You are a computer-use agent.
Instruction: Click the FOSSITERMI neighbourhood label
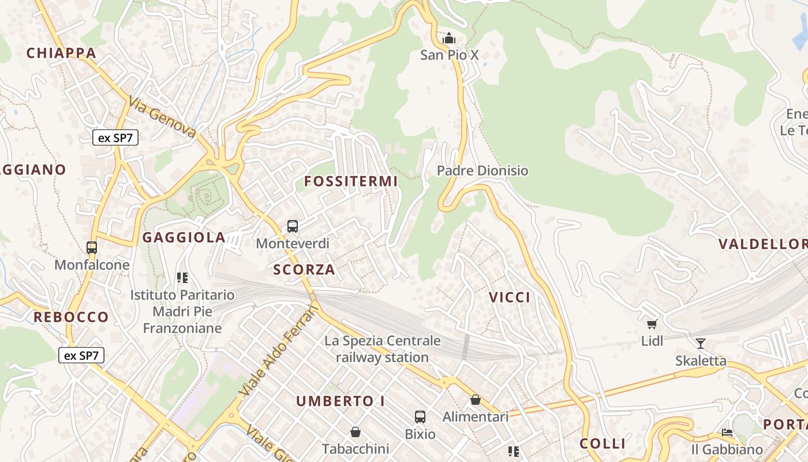[351, 181]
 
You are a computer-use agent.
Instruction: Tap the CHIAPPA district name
[61, 53]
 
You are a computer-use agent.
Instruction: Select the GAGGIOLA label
[184, 237]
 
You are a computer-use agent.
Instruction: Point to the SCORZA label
[304, 270]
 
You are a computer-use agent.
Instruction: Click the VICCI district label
[510, 297]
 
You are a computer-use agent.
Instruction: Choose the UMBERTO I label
[340, 401]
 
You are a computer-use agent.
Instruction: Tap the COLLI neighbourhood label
[603, 444]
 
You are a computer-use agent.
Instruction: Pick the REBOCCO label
[71, 317]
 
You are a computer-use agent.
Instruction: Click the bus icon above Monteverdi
[293, 226]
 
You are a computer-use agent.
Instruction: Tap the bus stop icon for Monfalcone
[92, 248]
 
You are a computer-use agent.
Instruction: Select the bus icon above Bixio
[420, 416]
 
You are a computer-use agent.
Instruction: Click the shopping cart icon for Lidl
[652, 324]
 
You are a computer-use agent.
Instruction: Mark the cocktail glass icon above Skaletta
[701, 344]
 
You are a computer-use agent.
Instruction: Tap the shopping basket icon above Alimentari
[476, 400]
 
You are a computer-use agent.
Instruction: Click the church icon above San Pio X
[449, 39]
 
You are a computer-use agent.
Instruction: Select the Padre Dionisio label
[482, 171]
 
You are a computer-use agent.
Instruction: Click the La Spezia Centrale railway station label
[382, 349]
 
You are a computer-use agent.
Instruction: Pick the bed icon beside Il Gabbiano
[727, 432]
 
